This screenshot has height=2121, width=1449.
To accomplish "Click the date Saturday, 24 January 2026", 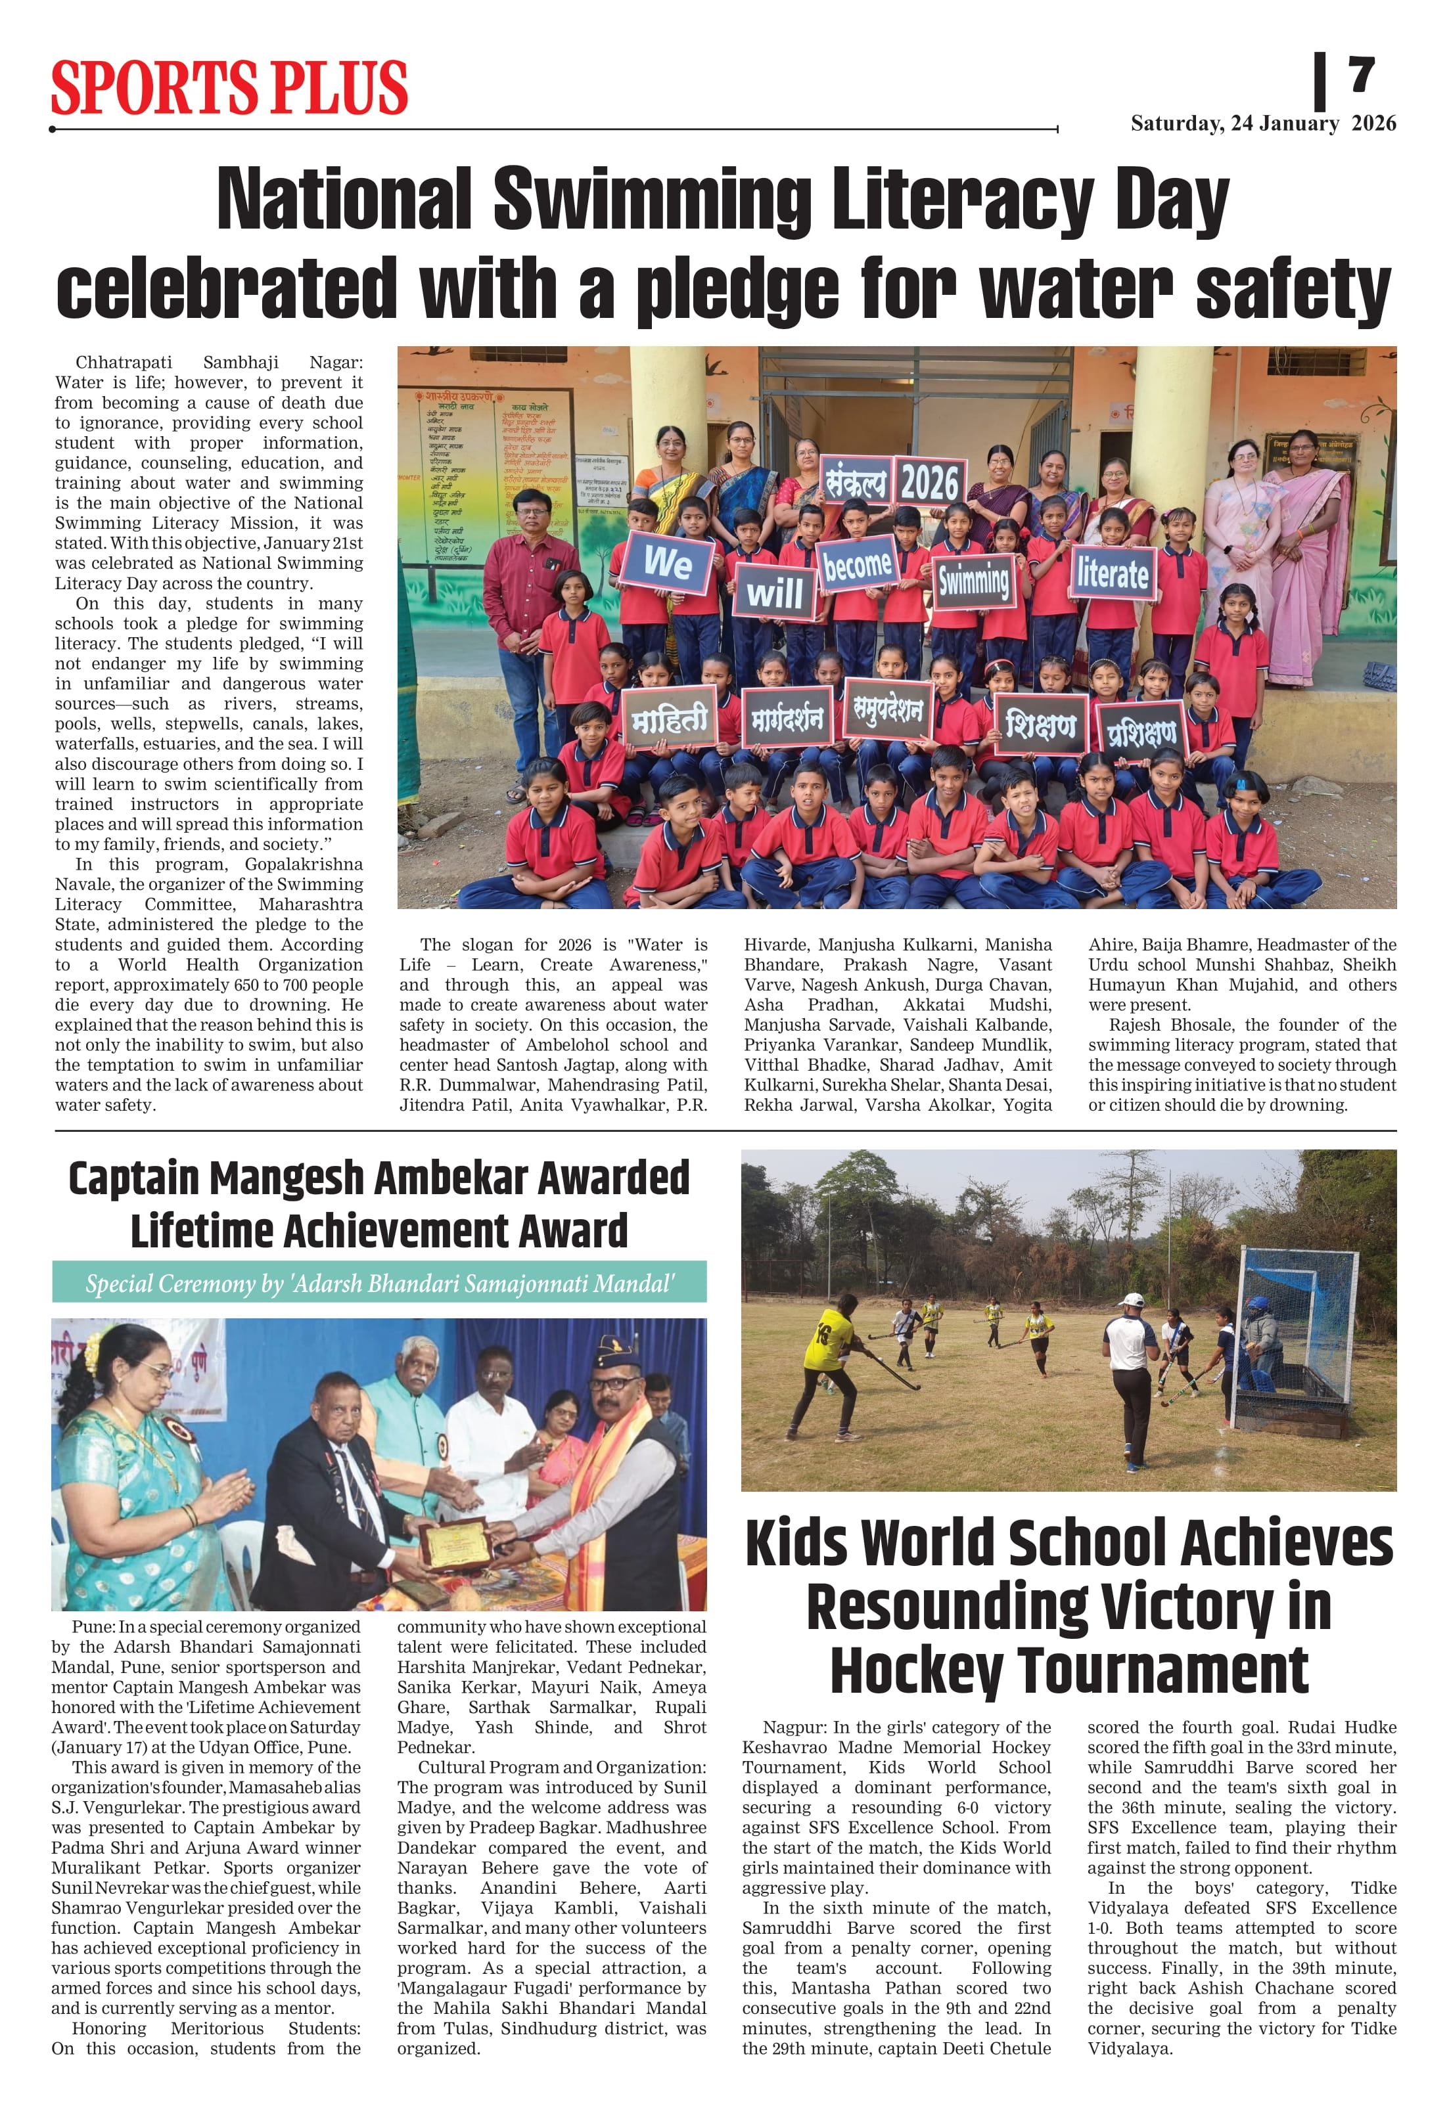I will coord(1263,123).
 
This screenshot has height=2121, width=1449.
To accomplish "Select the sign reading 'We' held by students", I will coord(668,562).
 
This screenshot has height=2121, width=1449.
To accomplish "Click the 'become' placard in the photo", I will coord(856,566).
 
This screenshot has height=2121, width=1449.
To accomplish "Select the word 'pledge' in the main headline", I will coord(737,290).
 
